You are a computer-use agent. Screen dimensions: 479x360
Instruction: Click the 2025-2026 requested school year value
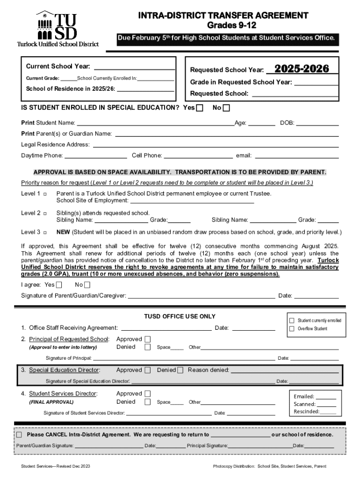[302, 69]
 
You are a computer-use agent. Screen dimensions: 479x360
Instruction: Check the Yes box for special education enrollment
[200, 108]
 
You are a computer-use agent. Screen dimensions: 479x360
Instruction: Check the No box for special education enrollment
[227, 108]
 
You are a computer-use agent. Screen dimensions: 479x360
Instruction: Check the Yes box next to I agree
[59, 285]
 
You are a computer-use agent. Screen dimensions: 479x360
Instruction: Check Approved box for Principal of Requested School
[148, 339]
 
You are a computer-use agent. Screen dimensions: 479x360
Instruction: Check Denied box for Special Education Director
[180, 370]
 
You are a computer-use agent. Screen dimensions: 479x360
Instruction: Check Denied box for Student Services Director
[148, 402]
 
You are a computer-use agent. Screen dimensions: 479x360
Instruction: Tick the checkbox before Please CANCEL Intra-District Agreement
[19, 435]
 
